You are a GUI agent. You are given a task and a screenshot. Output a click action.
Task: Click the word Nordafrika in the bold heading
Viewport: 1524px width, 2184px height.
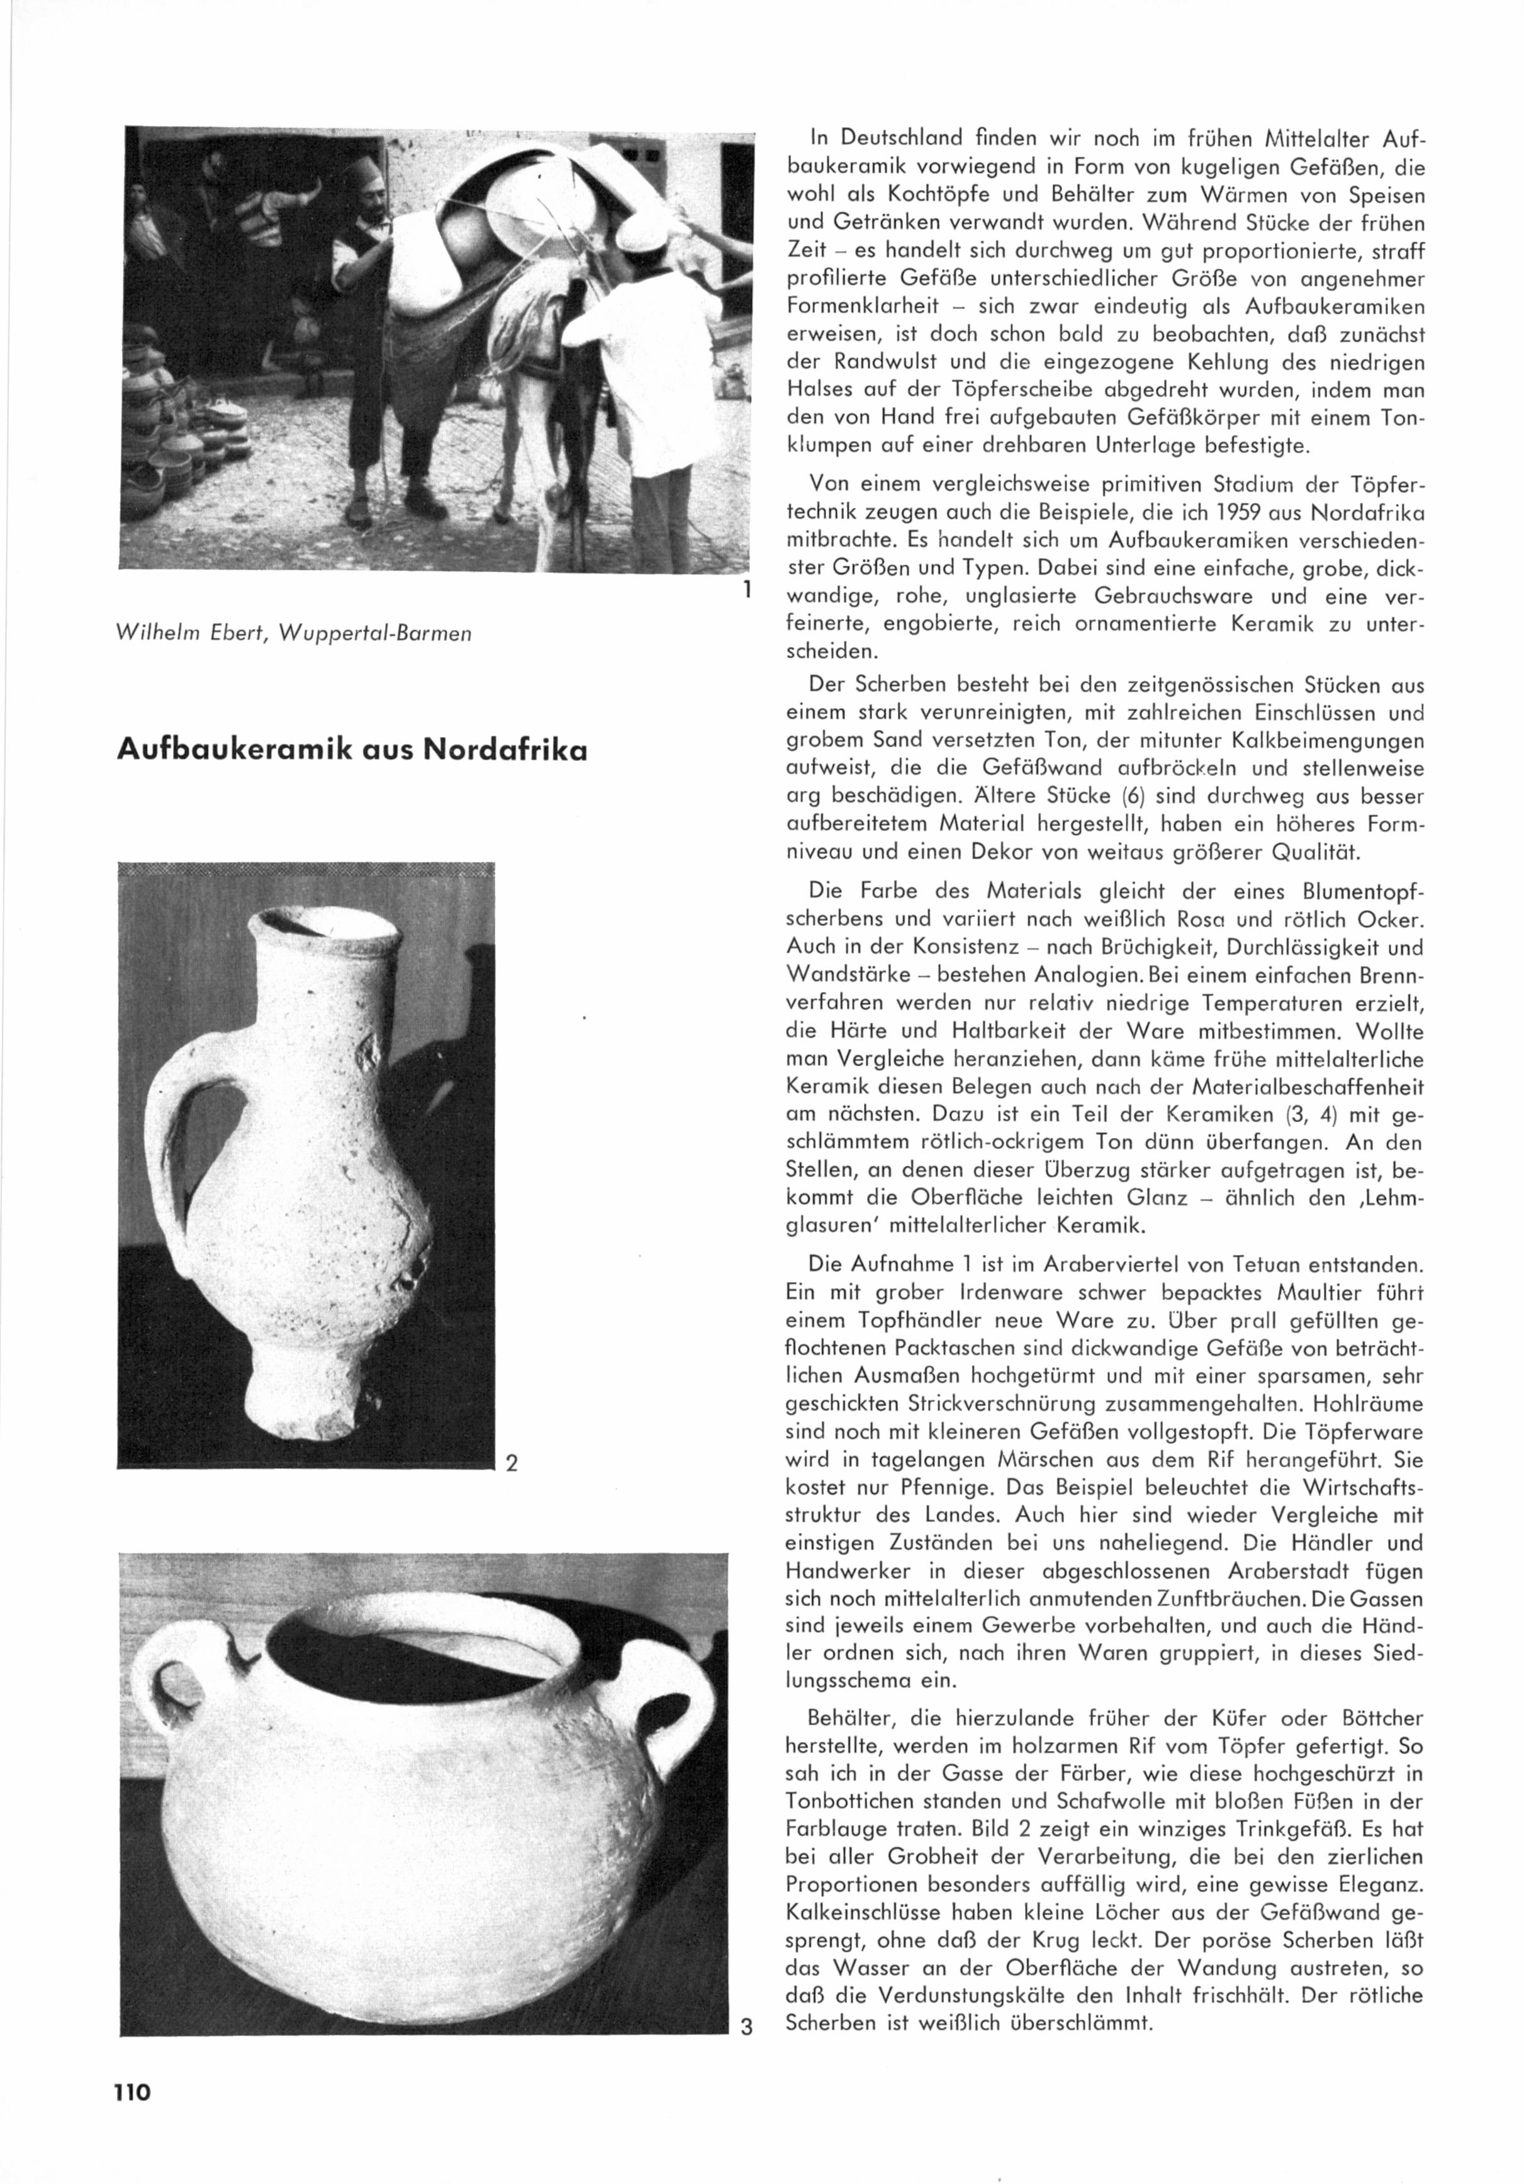coord(505,750)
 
